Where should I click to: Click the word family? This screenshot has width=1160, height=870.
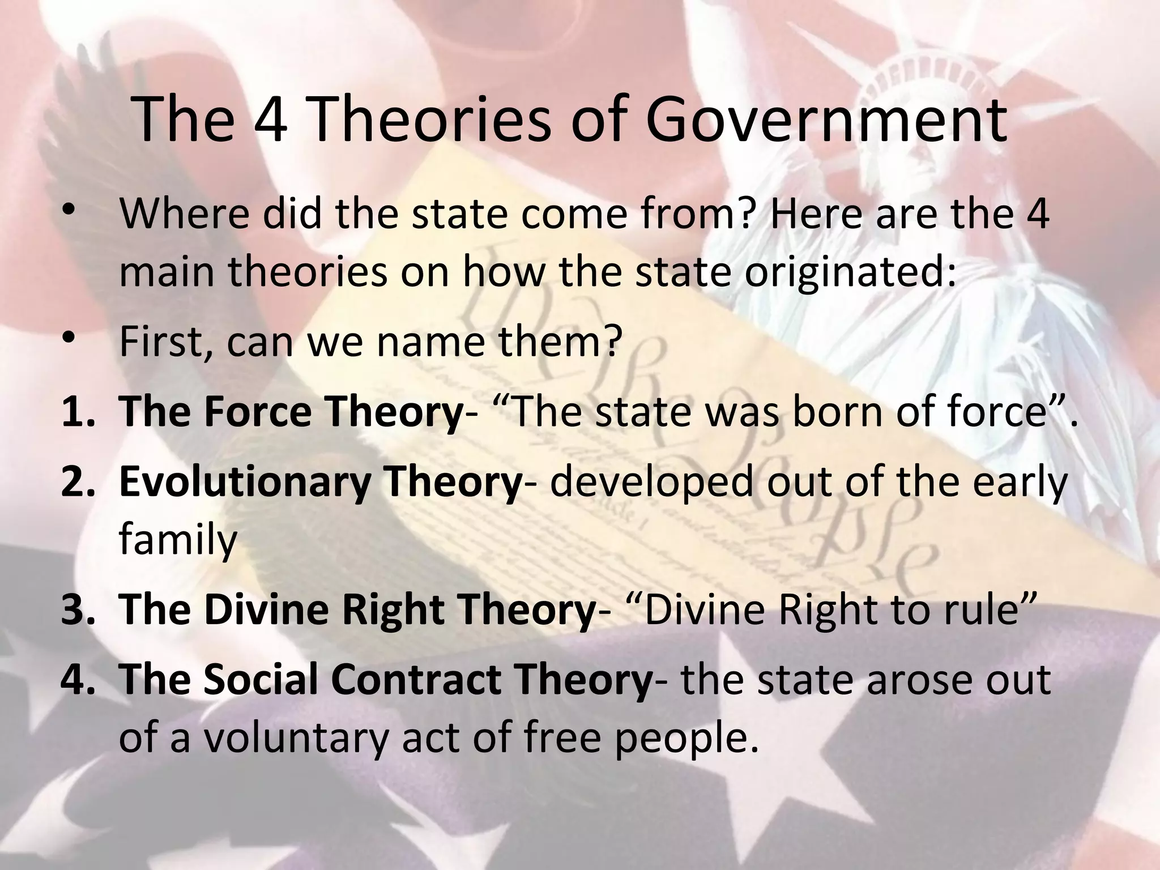coord(177,540)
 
